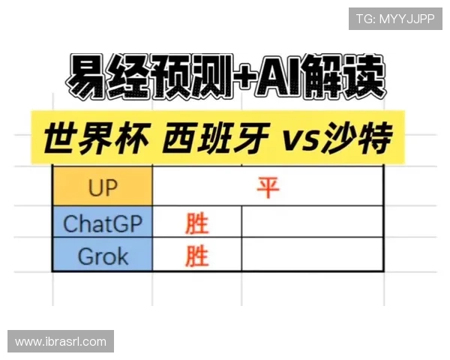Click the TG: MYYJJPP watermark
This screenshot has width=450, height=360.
point(395,19)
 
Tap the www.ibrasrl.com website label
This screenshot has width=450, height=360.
point(61,341)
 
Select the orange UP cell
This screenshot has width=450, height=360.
point(103,186)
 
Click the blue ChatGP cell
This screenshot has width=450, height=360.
point(103,222)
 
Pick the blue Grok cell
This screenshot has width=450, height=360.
point(103,254)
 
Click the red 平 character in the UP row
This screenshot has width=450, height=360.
point(268,187)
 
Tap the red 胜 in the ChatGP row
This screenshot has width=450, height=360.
point(196,223)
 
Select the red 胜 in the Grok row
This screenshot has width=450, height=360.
point(196,256)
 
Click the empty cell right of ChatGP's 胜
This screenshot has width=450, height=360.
point(313,222)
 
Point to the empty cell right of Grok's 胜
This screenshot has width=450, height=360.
point(313,254)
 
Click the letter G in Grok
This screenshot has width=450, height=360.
point(86,256)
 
